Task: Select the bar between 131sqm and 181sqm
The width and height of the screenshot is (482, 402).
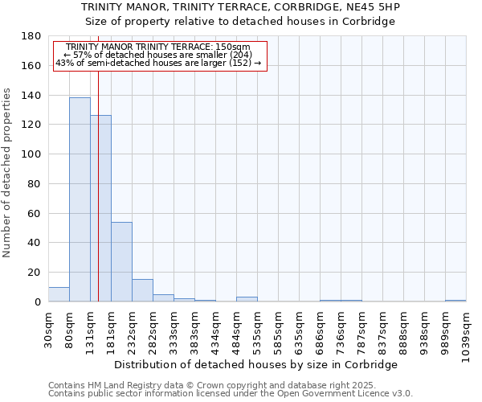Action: click(x=100, y=208)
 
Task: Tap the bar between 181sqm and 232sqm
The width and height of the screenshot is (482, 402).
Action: click(x=121, y=261)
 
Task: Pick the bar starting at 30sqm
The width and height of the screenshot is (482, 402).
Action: click(x=59, y=294)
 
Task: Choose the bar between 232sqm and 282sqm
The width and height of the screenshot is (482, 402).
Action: click(x=142, y=290)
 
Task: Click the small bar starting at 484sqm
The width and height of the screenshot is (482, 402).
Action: click(x=247, y=299)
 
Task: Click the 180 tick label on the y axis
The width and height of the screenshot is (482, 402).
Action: click(x=32, y=36)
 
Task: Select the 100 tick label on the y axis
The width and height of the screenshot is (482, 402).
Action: click(x=32, y=154)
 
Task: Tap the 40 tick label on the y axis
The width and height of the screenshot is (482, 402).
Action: click(x=35, y=243)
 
